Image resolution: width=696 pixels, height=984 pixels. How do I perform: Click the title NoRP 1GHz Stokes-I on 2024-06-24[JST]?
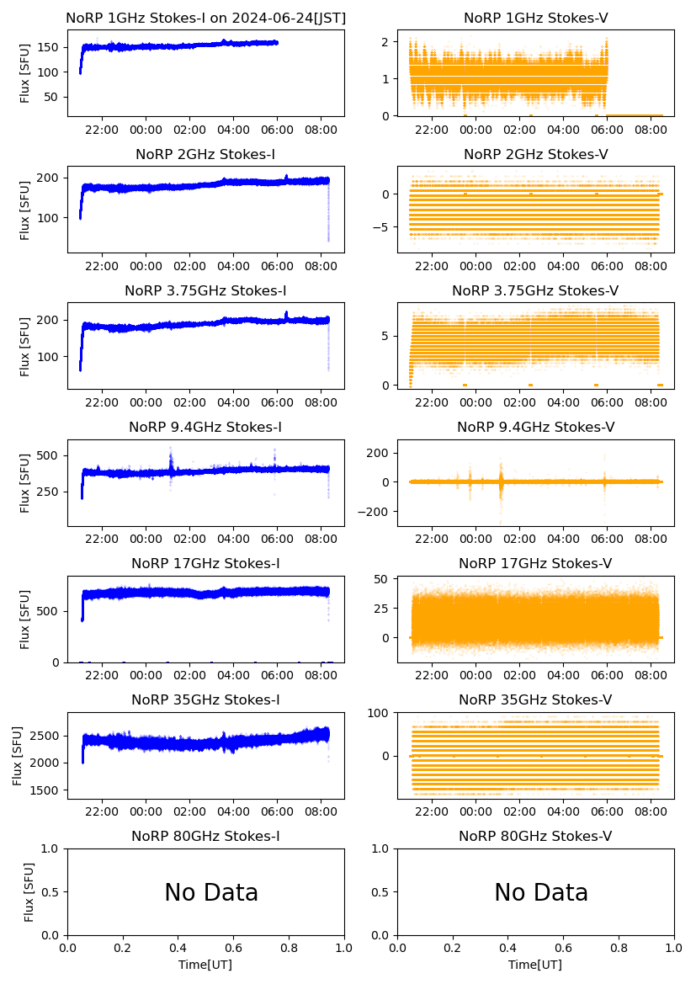(205, 18)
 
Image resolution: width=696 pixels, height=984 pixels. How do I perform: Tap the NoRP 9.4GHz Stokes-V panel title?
(535, 427)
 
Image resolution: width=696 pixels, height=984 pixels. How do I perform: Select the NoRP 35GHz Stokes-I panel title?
(205, 699)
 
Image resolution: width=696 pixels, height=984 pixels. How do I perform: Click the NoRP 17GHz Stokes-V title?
(535, 563)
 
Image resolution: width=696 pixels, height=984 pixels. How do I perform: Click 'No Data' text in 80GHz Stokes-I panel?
(211, 892)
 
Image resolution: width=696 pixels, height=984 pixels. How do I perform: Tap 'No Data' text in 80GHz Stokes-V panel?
(541, 892)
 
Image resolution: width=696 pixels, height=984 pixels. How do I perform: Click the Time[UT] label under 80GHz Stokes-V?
(535, 965)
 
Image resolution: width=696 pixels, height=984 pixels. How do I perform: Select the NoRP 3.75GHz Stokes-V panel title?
(535, 290)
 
